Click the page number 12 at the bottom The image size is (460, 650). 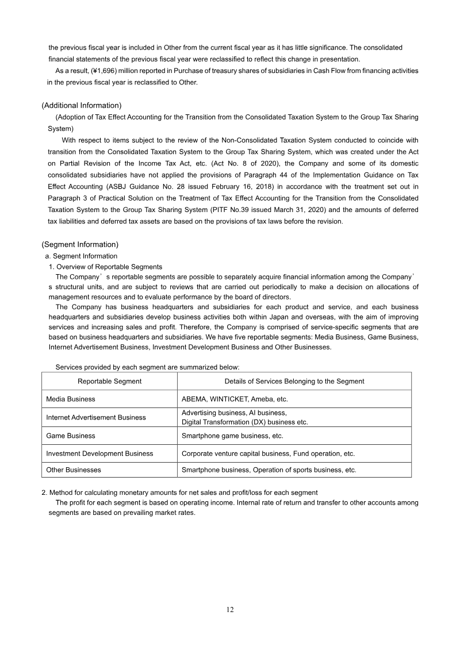(230, 610)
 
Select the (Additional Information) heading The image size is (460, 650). (81, 105)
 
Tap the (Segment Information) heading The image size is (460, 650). (80, 244)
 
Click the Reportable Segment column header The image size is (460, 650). (109, 381)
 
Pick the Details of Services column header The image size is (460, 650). (294, 381)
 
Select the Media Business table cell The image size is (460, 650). (71, 399)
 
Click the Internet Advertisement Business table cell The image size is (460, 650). (96, 417)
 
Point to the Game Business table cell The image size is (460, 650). (71, 436)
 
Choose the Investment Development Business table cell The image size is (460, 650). (99, 453)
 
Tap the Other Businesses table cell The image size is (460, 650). (74, 470)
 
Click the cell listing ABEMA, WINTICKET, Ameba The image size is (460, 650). (235, 399)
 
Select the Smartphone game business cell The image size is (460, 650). (232, 436)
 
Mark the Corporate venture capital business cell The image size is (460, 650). (268, 453)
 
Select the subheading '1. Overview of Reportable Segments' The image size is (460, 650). (105, 267)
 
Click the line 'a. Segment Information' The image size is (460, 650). (81, 256)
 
